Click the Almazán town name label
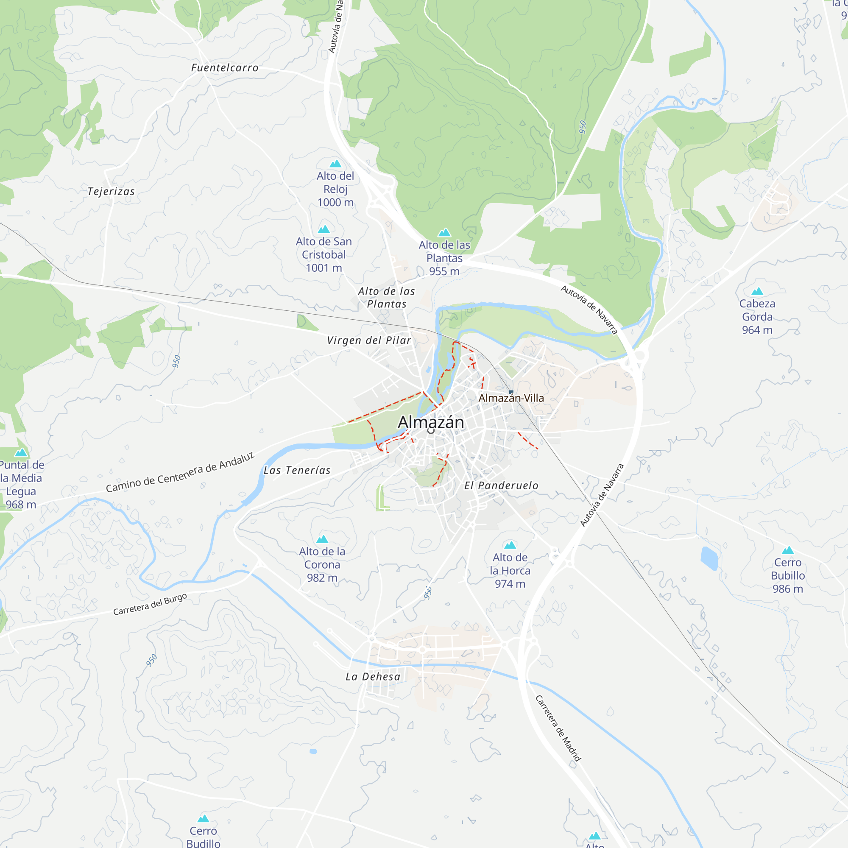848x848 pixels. point(431,422)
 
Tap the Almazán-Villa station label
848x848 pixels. point(511,398)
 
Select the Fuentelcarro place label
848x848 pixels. point(225,67)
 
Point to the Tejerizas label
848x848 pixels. point(111,191)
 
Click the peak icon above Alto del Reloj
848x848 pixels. point(335,164)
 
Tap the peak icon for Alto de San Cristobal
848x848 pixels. point(324,229)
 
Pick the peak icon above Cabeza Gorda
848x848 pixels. point(757,291)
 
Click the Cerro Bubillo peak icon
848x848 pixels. point(788,550)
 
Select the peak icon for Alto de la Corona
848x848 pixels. point(322,539)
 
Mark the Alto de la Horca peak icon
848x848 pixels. point(510,545)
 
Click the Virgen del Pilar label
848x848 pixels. point(369,340)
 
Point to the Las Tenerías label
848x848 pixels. point(297,471)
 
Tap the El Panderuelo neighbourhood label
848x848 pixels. point(501,485)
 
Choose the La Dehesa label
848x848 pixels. point(373,677)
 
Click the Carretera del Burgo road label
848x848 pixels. point(150,604)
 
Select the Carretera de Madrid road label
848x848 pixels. point(558,728)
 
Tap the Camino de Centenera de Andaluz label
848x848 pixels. point(180,472)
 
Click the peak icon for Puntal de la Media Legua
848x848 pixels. point(21,452)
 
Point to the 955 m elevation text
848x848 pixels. point(444,271)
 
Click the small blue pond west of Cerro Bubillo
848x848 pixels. point(709,558)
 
